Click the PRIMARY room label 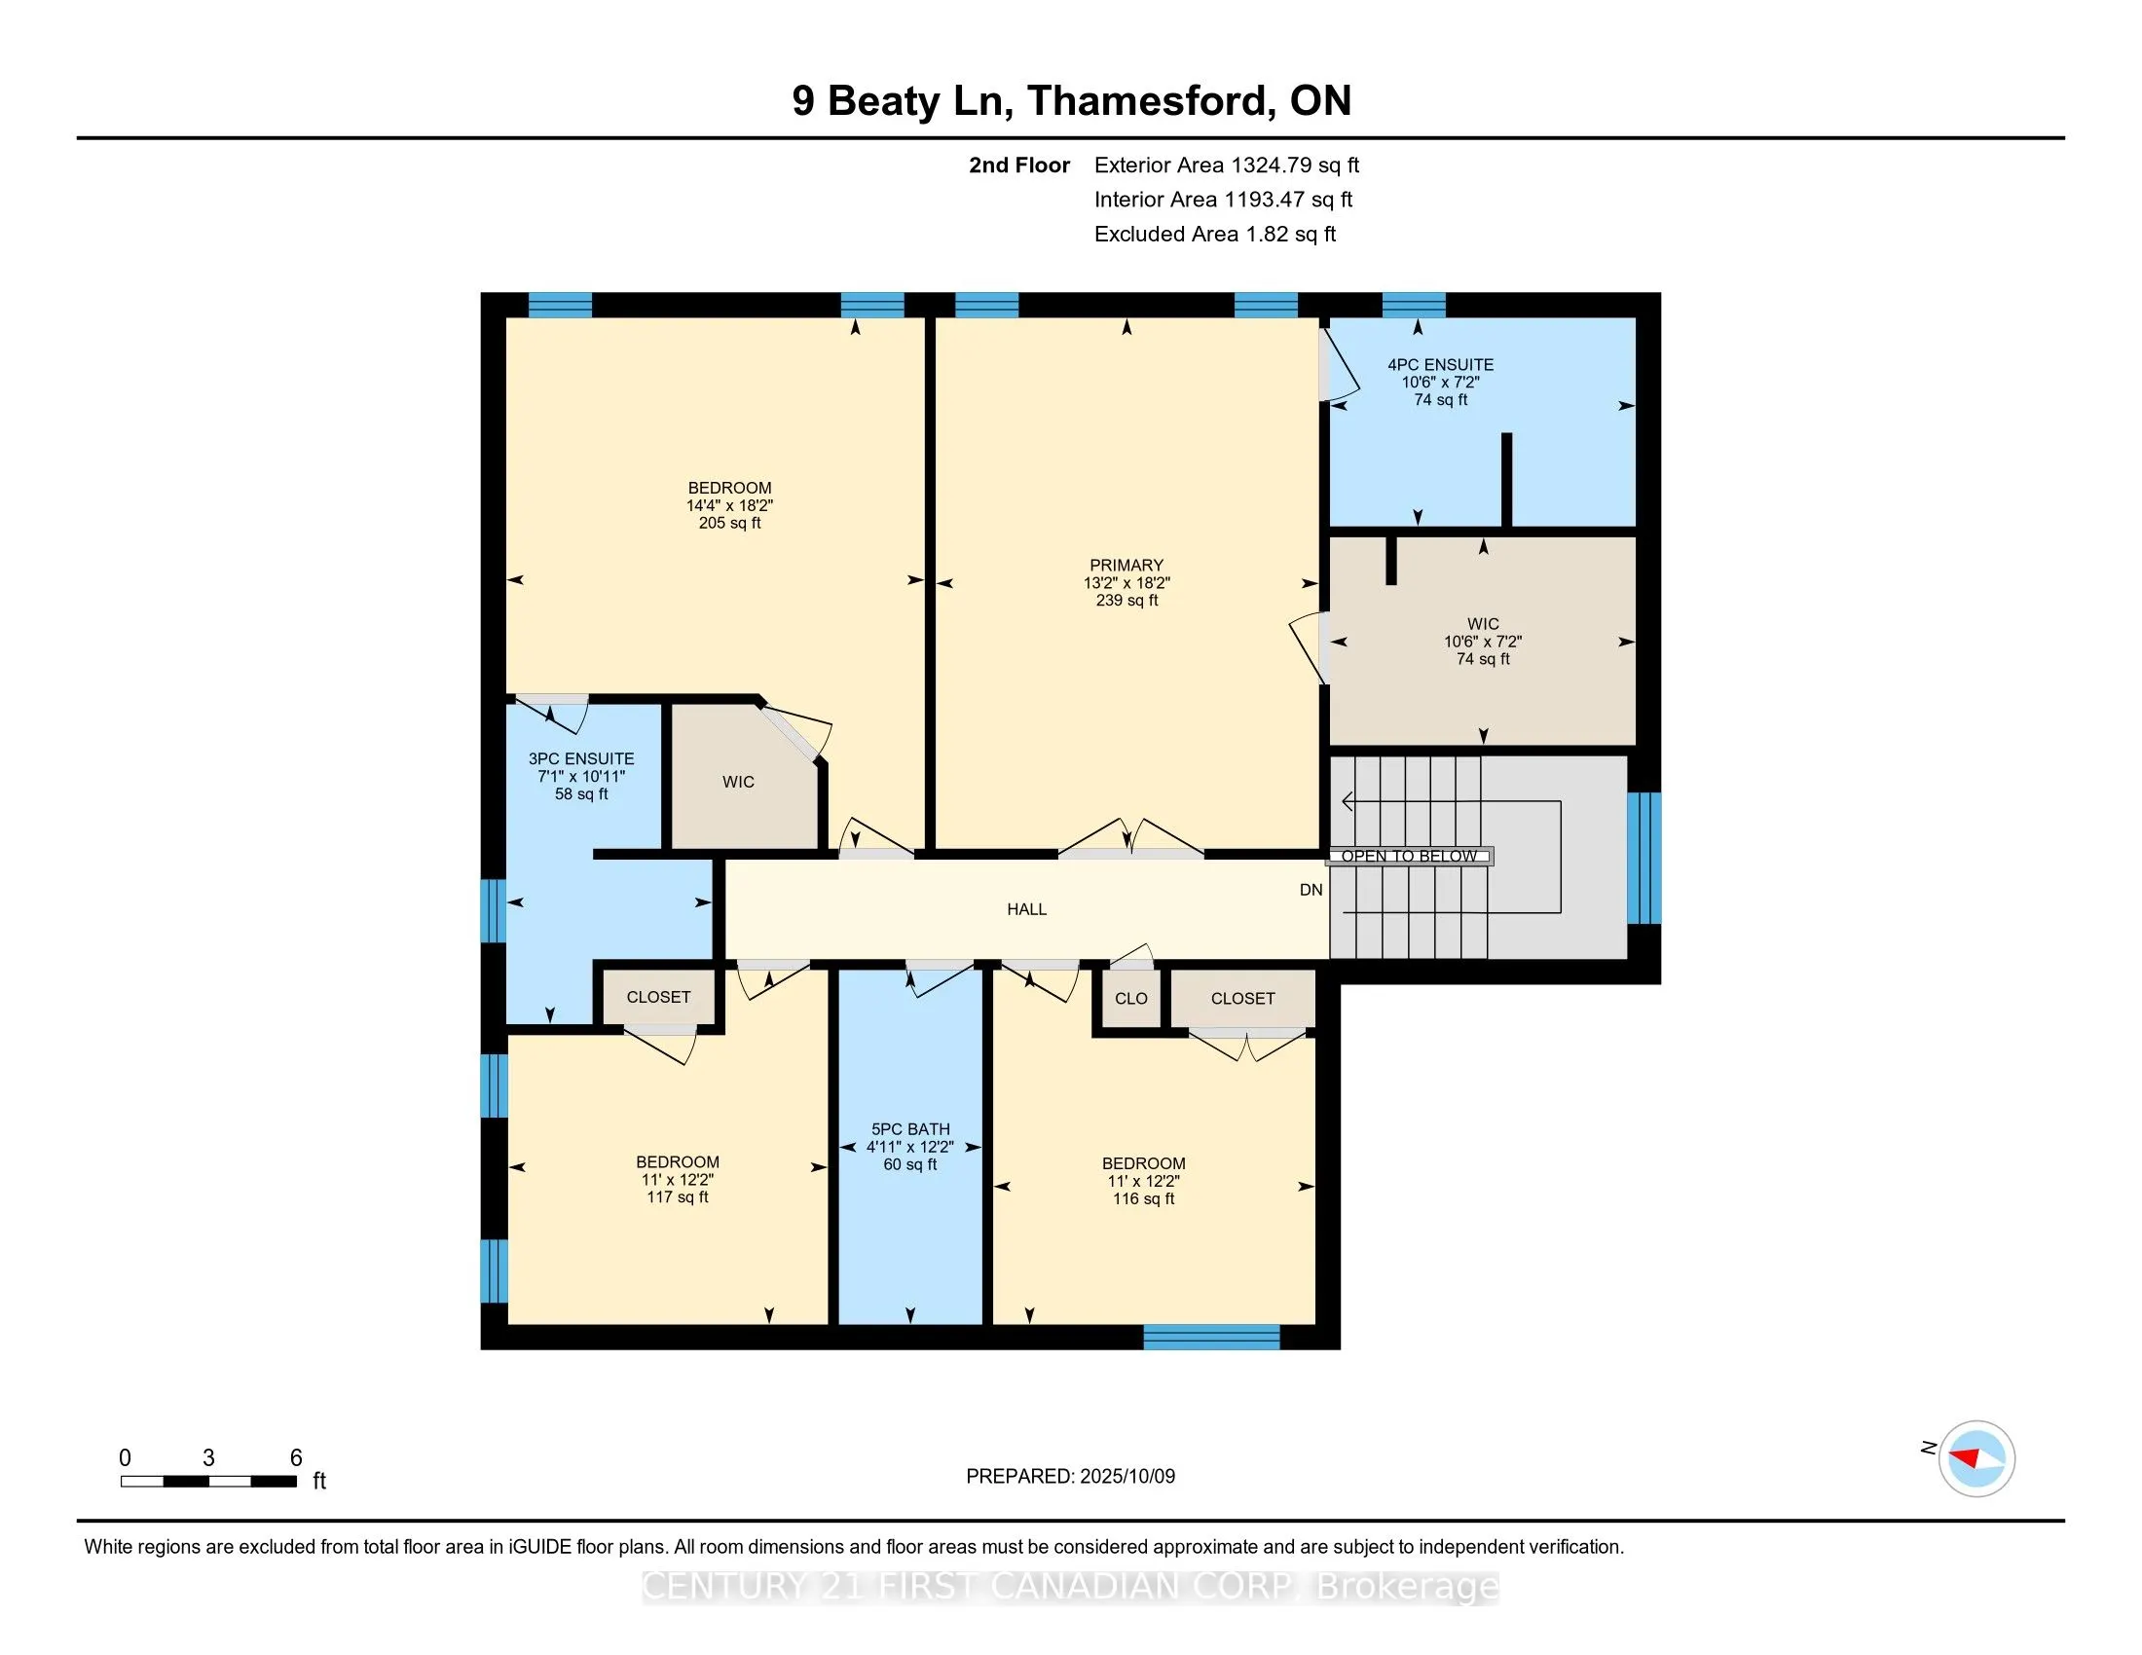pyautogui.click(x=1126, y=565)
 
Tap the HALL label pyautogui.click(x=1027, y=910)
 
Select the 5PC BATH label pyautogui.click(x=910, y=1129)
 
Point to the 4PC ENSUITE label pyautogui.click(x=1441, y=365)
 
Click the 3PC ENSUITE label pyautogui.click(x=581, y=759)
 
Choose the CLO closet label pyautogui.click(x=1130, y=998)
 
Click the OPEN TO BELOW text pyautogui.click(x=1410, y=856)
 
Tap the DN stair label pyautogui.click(x=1311, y=890)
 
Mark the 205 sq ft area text pyautogui.click(x=729, y=524)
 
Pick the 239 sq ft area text pyautogui.click(x=1126, y=600)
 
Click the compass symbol pyautogui.click(x=1976, y=1458)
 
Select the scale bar pyautogui.click(x=209, y=1482)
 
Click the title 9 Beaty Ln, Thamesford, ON pyautogui.click(x=1072, y=101)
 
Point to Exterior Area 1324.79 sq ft pyautogui.click(x=1227, y=165)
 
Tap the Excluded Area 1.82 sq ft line pyautogui.click(x=1215, y=235)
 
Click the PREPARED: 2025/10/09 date pyautogui.click(x=1071, y=1477)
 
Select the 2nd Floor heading pyautogui.click(x=1019, y=165)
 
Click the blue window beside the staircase pyautogui.click(x=1644, y=859)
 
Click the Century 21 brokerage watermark pyautogui.click(x=1071, y=1587)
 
